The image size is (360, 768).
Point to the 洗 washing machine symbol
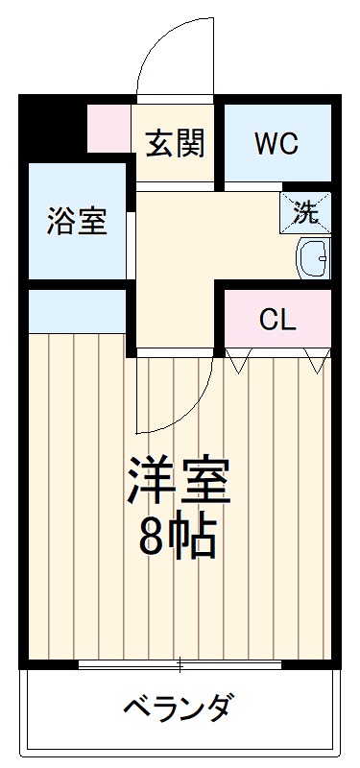click(305, 211)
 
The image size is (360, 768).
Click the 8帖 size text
click(178, 540)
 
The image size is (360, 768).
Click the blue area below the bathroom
click(77, 310)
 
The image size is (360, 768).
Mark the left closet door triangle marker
click(238, 361)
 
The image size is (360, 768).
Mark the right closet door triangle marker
click(317, 361)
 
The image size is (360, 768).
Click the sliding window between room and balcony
click(180, 663)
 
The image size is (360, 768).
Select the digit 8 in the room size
click(153, 540)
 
